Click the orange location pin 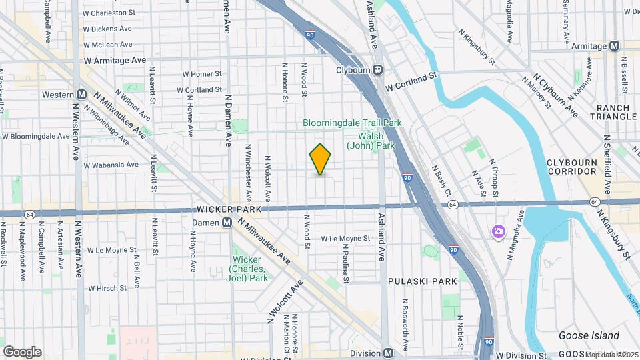coord(321,159)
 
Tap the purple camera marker coord(498,231)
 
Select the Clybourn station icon coord(378,69)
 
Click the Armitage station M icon coord(614,45)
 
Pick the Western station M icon coord(81,95)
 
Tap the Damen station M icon coord(227,222)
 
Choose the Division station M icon coord(388,353)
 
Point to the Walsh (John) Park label coord(371,141)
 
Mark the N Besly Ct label coord(439,180)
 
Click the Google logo coord(22,351)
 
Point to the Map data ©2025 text coord(611,354)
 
